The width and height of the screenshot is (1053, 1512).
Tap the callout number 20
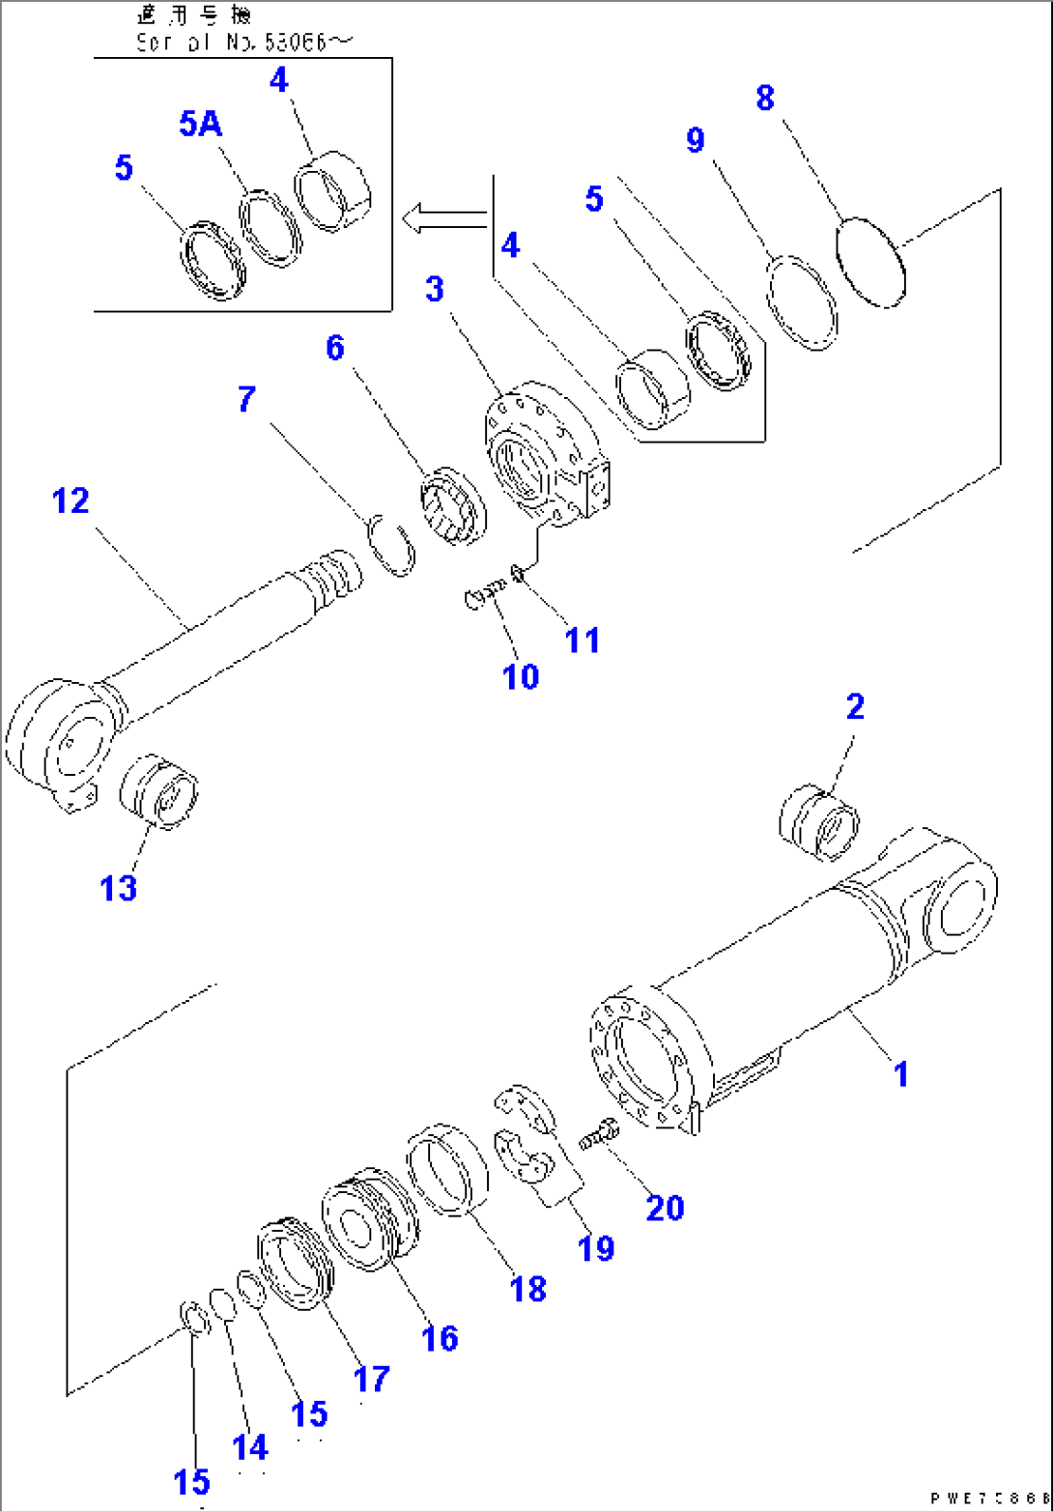pyautogui.click(x=665, y=1207)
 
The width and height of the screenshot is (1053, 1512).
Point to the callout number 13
pyautogui.click(x=119, y=887)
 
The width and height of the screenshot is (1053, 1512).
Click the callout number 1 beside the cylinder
pyautogui.click(x=899, y=1072)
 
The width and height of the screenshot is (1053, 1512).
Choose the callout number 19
pyautogui.click(x=595, y=1247)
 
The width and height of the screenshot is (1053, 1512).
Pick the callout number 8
pyautogui.click(x=764, y=99)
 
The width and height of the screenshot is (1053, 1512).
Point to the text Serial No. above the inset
pyautogui.click(x=193, y=43)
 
